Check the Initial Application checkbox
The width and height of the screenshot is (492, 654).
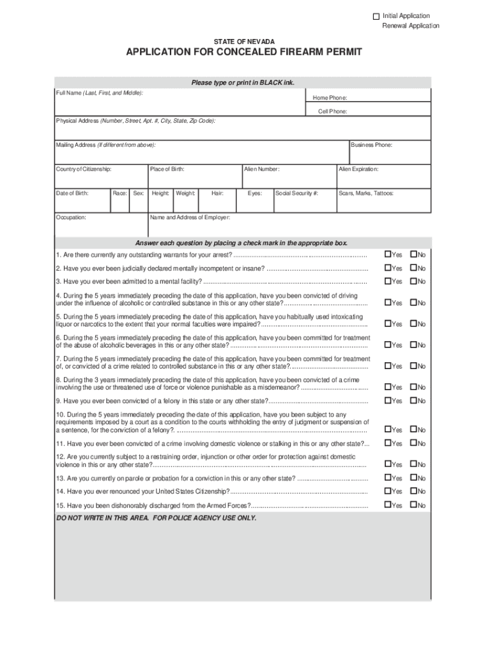coord(376,16)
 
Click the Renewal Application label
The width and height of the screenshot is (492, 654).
coord(411,26)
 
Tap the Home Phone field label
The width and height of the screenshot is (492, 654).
coord(330,98)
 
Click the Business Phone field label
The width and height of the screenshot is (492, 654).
coord(371,145)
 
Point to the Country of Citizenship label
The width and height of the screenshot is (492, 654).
coord(84,169)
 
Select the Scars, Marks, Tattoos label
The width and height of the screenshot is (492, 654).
coord(366,192)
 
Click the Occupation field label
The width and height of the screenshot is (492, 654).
coord(71,217)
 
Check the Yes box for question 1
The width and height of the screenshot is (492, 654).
coord(387,255)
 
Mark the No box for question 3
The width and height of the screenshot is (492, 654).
coord(413,281)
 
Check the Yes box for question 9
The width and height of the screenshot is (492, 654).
coord(387,400)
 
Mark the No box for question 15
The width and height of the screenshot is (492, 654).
coord(413,505)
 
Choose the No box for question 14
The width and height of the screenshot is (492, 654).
coord(413,491)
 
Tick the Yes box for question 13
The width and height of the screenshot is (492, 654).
coord(387,478)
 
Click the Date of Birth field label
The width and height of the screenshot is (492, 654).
coord(72,192)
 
